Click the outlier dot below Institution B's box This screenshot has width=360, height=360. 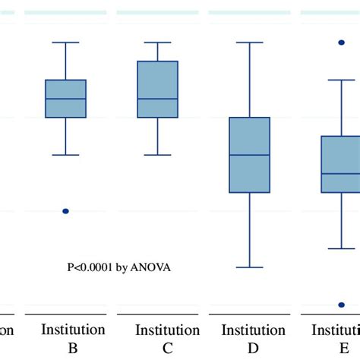(x=65, y=211)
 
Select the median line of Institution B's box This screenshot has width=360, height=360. (x=66, y=99)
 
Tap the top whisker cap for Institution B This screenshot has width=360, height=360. (x=66, y=43)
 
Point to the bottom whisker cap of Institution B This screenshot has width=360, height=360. (x=66, y=155)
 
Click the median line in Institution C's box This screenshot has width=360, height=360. (x=157, y=99)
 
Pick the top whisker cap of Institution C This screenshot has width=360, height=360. (x=157, y=43)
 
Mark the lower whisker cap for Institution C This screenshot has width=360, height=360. (x=157, y=155)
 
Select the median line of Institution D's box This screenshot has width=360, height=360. (x=250, y=155)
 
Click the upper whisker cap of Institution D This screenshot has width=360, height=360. (x=250, y=43)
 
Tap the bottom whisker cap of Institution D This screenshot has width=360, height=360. (x=250, y=267)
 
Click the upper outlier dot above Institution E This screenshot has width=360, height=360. (x=341, y=43)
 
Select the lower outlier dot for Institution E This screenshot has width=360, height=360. (x=341, y=305)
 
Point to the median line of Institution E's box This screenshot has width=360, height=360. (x=341, y=173)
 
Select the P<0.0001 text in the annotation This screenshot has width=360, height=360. (x=90, y=267)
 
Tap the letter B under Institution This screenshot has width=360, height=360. (x=73, y=348)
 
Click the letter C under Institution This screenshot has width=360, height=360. (x=167, y=348)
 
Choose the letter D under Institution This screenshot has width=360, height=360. (x=254, y=348)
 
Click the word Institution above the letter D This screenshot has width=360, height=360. (x=254, y=330)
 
